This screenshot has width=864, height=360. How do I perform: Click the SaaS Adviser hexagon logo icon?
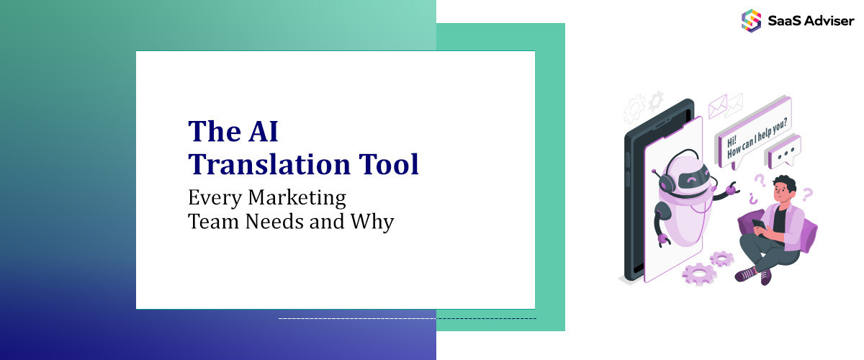[751, 19]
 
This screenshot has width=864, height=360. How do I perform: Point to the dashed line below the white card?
[407, 318]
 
